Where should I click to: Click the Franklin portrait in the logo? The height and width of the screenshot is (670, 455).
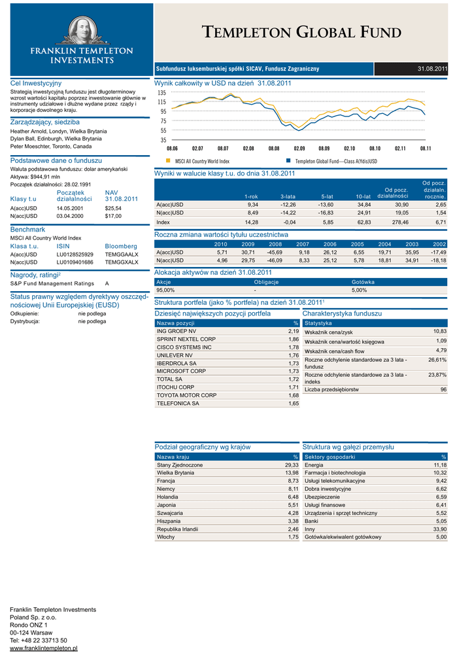tap(77, 30)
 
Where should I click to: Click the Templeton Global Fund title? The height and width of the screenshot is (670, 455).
tap(301, 32)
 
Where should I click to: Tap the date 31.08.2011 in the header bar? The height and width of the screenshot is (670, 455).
tap(433, 69)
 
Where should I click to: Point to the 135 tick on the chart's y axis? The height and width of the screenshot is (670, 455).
tap(161, 93)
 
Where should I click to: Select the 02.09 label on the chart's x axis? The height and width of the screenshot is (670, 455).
tap(299, 149)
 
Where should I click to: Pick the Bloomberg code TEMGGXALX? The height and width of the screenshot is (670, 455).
tap(122, 262)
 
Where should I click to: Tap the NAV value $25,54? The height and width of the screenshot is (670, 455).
tap(113, 208)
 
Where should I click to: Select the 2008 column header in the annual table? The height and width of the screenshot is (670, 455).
tap(275, 243)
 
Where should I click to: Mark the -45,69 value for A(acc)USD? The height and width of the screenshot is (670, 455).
tap(275, 252)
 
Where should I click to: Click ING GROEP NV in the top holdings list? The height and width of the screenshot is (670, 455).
tap(172, 332)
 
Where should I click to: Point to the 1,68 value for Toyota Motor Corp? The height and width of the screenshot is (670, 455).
tap(293, 395)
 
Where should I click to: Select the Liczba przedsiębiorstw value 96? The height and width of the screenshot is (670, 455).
tap(443, 389)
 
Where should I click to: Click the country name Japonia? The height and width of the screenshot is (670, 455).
tap(167, 505)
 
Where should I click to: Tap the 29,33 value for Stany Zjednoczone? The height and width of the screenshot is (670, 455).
tap(292, 465)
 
